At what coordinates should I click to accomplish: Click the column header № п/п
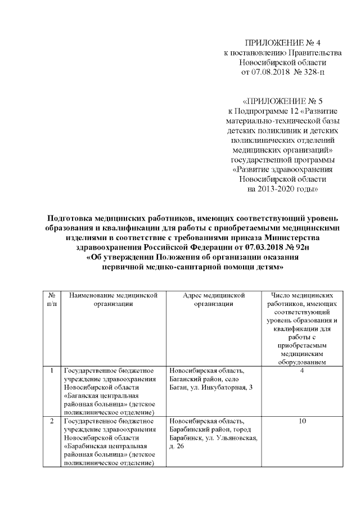(52, 299)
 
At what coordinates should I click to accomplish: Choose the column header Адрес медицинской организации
(214, 299)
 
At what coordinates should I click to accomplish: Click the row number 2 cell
(52, 421)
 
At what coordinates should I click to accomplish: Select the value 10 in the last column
(303, 421)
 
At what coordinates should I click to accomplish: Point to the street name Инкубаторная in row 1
(222, 387)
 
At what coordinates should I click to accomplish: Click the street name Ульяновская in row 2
(236, 438)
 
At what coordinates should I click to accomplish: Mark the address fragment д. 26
(176, 446)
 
